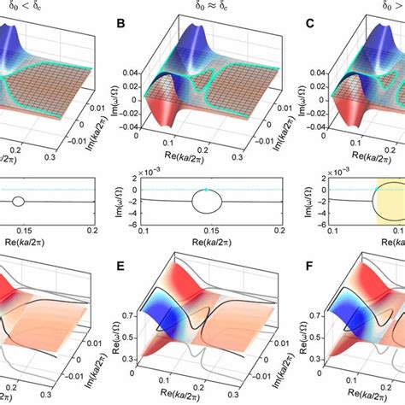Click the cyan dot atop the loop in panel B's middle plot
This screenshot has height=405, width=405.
(206, 189)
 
